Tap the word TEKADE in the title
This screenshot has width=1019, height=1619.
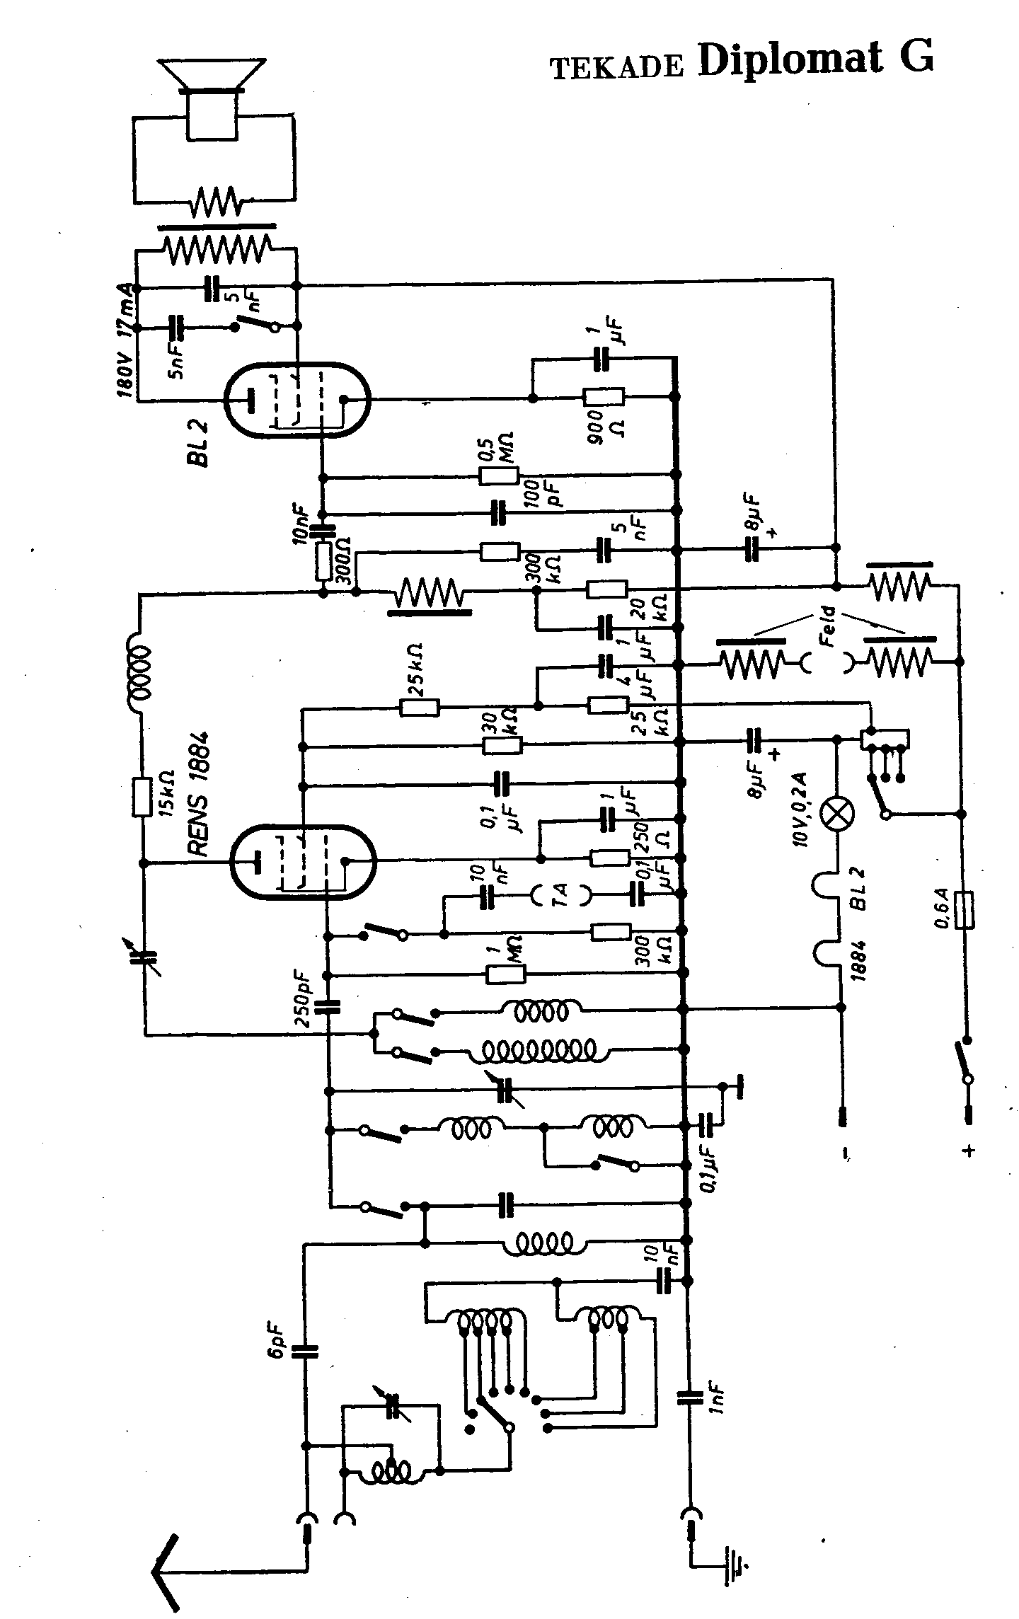click(x=617, y=67)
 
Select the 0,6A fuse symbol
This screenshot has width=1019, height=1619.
click(x=963, y=910)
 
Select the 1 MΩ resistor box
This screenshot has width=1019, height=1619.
click(x=506, y=975)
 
